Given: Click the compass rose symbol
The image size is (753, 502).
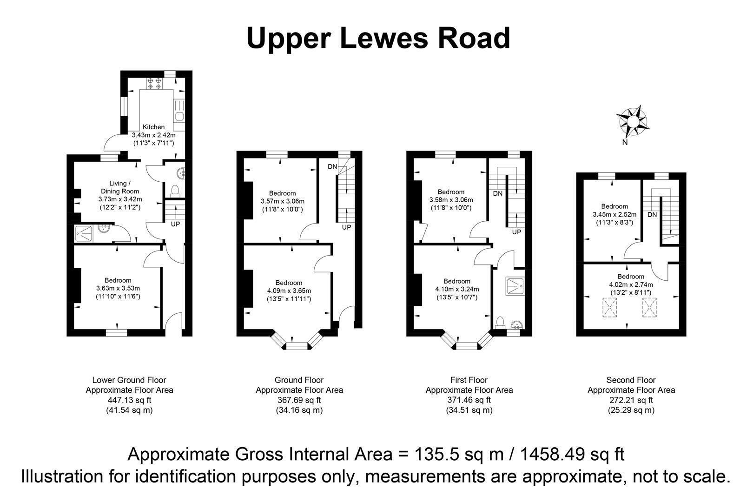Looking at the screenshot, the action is [x=632, y=121].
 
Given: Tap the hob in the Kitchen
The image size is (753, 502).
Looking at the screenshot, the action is [x=154, y=83].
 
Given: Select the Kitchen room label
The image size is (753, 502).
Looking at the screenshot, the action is [x=154, y=127].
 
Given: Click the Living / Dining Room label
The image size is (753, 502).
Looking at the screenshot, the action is [x=120, y=187].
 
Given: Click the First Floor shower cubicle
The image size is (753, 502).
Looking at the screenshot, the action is [x=515, y=286].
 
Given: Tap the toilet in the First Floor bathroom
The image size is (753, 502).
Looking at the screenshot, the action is [x=500, y=322].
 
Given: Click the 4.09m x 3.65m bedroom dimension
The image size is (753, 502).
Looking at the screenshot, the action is [x=289, y=291].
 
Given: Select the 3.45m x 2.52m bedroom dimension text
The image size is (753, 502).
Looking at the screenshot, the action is [x=614, y=215].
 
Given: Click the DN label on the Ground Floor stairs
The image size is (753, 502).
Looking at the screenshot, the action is [x=332, y=166].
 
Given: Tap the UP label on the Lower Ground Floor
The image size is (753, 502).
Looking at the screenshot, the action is [x=176, y=224].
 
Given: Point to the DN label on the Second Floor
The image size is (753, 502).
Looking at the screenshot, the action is [x=652, y=215].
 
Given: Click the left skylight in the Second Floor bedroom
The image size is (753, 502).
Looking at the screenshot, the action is [x=609, y=307].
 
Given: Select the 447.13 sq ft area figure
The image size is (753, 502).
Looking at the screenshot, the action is [x=129, y=400].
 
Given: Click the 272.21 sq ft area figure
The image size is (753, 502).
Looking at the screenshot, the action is [x=631, y=400].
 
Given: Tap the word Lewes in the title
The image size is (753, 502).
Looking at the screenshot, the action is [x=384, y=38].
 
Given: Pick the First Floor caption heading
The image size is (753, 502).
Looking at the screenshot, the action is [x=469, y=380].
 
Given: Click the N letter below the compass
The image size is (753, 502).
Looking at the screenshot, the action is [x=625, y=142].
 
